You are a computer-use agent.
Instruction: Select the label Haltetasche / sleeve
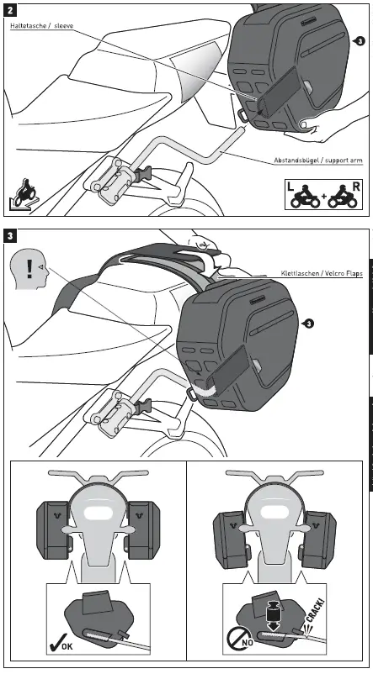click(x=41, y=28)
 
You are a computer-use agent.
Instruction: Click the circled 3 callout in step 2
click(x=360, y=40)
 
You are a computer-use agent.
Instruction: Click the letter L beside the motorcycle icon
click(x=290, y=190)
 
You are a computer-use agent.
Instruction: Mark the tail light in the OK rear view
click(x=96, y=513)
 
